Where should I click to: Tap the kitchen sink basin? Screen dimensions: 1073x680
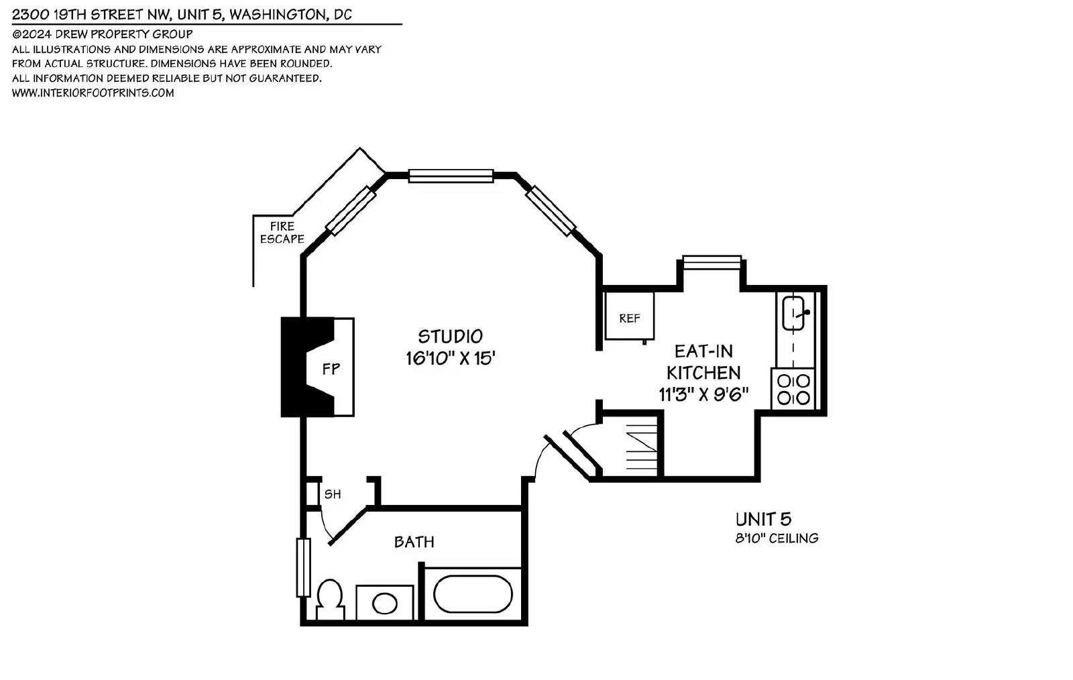click(793, 313)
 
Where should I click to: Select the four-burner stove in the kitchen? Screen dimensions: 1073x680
click(793, 389)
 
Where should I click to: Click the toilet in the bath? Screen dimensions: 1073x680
click(330, 600)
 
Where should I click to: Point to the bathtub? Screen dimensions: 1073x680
click(473, 593)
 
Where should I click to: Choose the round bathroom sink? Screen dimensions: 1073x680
click(385, 604)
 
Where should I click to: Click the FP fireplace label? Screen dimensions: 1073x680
click(331, 369)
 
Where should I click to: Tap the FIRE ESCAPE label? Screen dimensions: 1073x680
click(282, 232)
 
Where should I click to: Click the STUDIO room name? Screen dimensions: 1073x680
click(450, 336)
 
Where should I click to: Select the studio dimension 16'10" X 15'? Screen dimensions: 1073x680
click(450, 358)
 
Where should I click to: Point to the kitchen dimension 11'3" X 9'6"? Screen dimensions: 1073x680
click(703, 394)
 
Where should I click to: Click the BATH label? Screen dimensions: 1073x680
click(414, 542)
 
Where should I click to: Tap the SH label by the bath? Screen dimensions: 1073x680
click(333, 494)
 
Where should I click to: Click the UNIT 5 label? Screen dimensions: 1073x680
click(764, 519)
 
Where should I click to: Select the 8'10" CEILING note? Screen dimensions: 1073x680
click(777, 539)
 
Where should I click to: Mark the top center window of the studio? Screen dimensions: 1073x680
click(451, 176)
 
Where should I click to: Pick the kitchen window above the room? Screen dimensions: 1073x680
click(712, 262)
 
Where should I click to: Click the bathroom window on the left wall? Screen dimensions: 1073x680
click(303, 567)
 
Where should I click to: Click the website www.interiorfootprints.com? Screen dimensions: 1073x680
click(93, 93)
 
